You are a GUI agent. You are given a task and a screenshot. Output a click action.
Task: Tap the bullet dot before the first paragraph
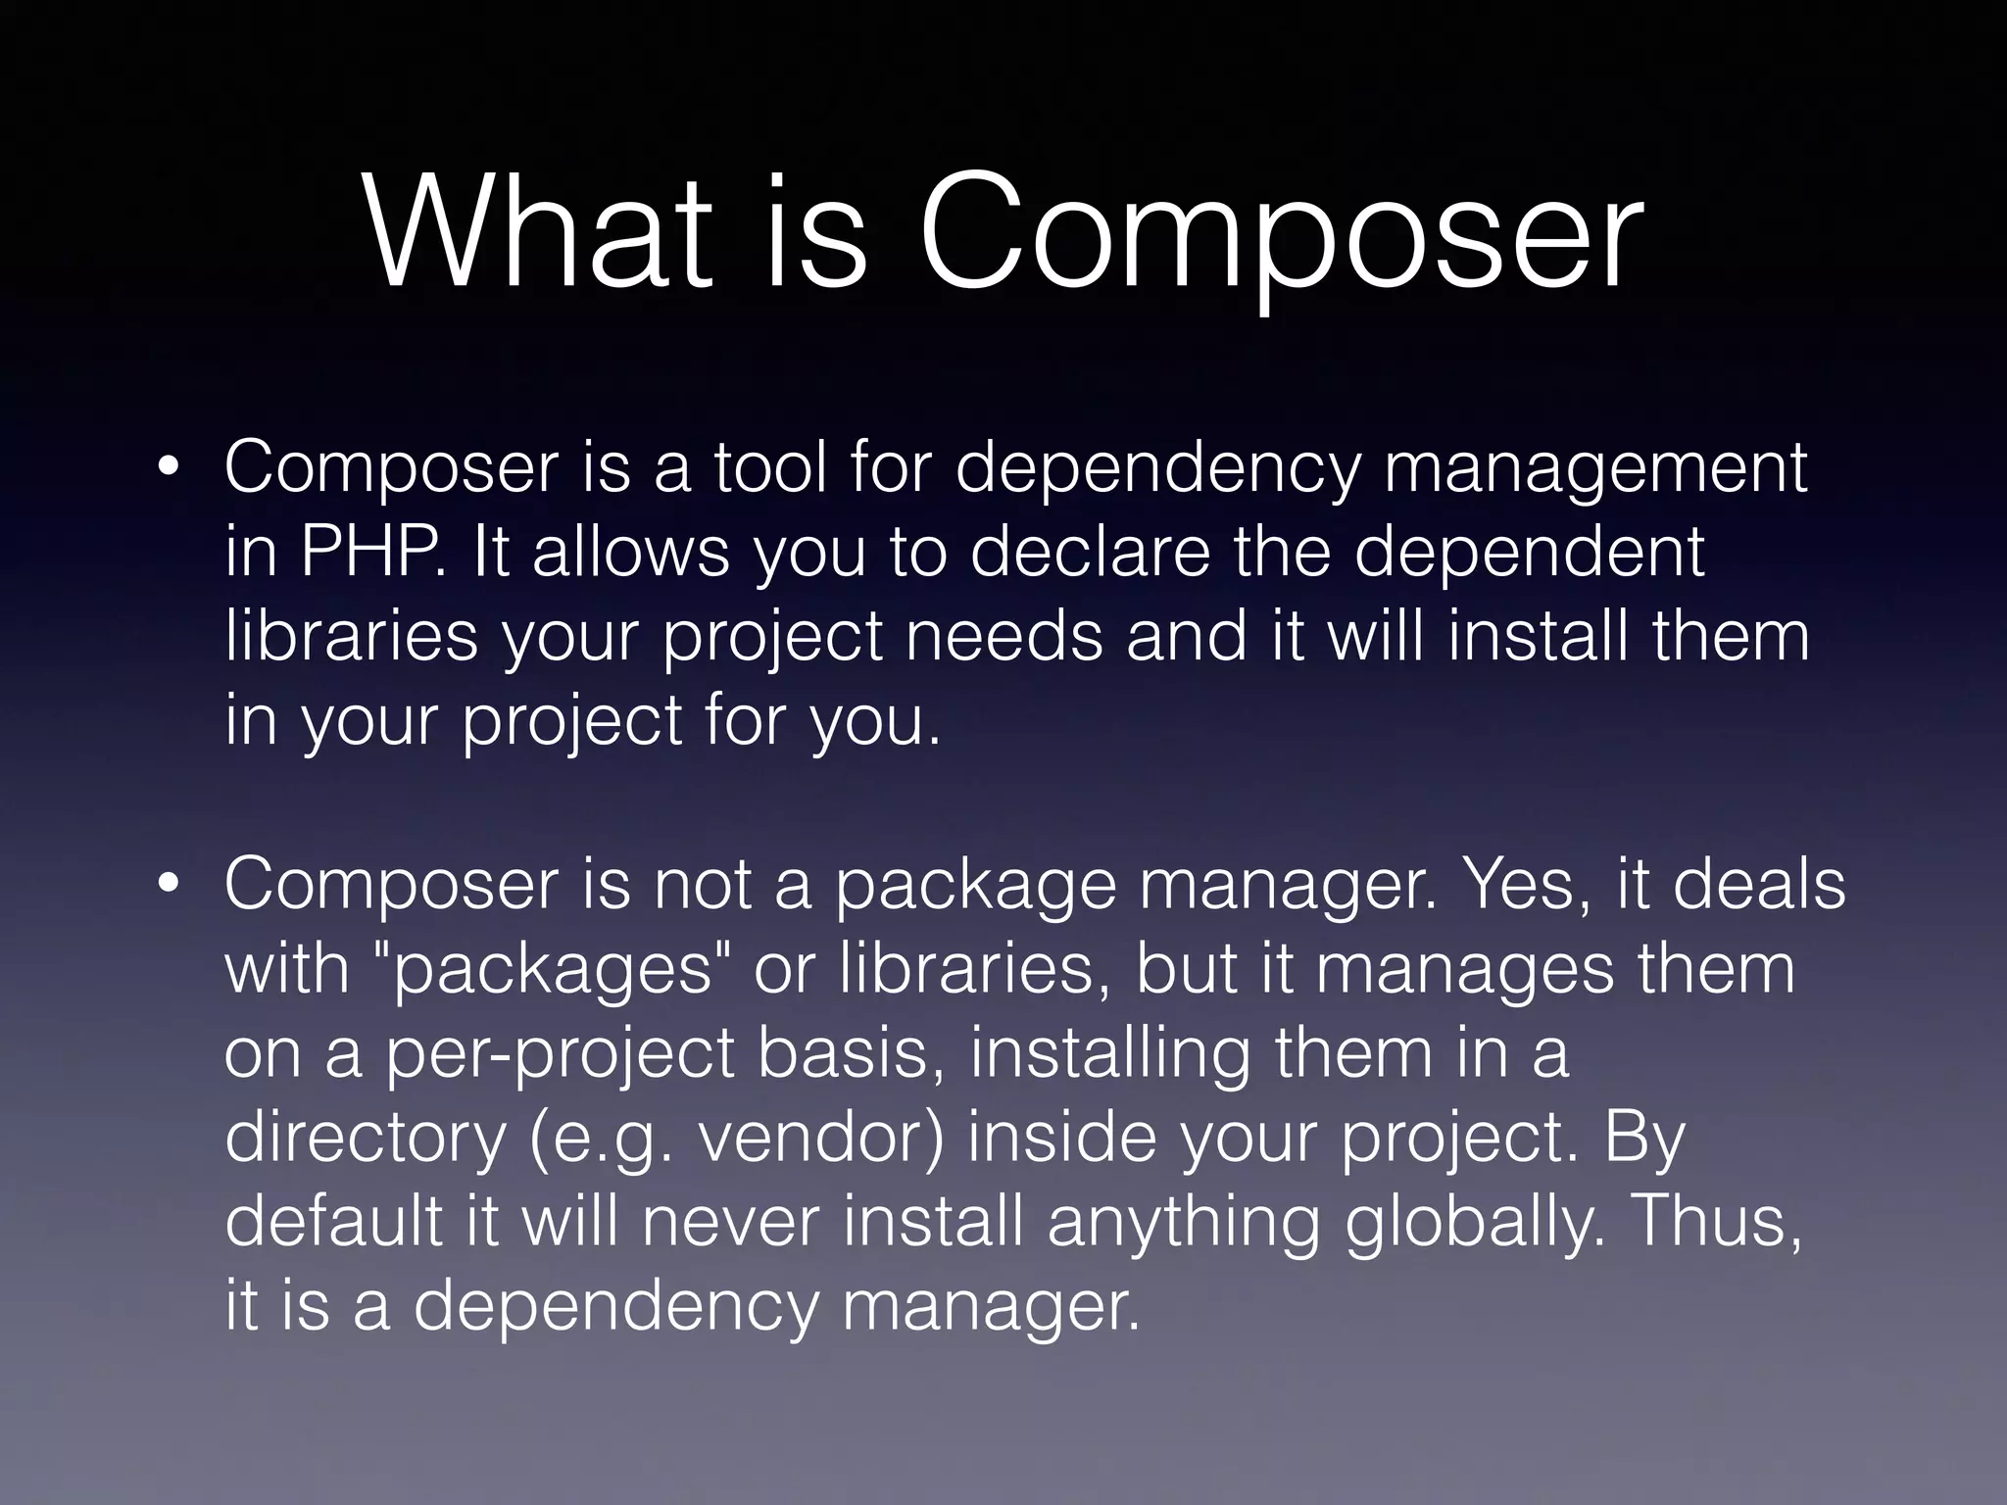[169, 467]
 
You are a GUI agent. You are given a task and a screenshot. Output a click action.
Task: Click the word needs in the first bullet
[1003, 635]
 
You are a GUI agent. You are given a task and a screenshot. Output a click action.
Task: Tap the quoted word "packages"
[556, 970]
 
